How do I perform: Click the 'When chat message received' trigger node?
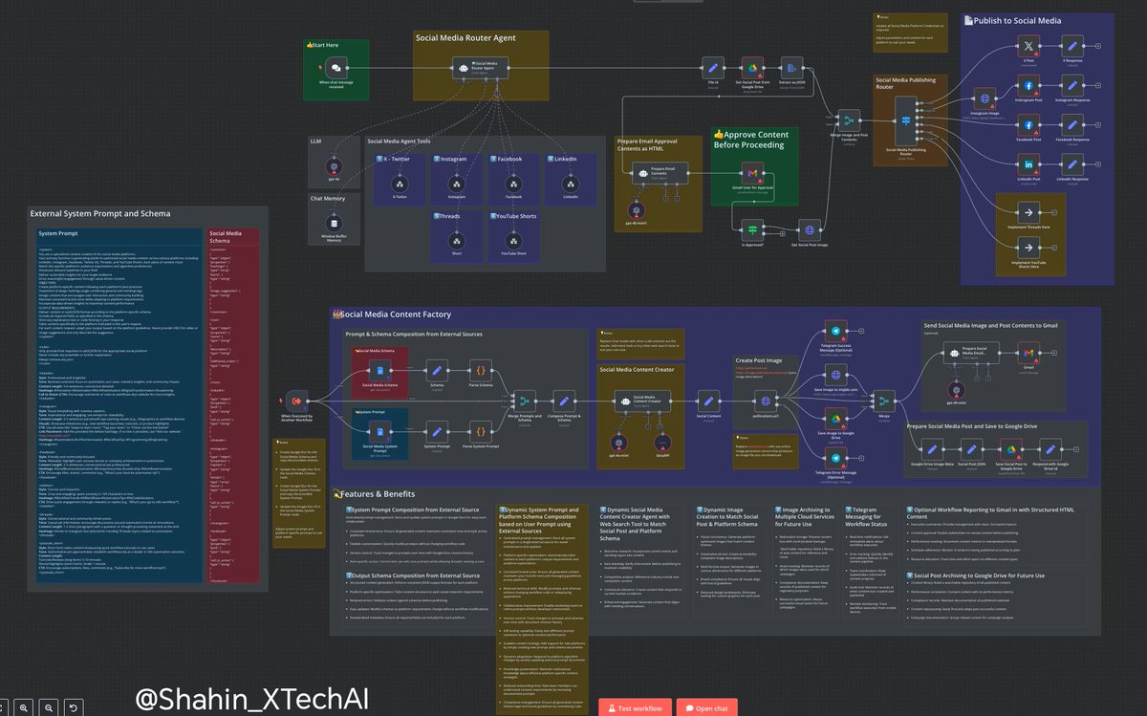coord(335,69)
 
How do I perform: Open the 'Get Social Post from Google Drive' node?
coord(752,69)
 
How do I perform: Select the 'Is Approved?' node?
coord(752,230)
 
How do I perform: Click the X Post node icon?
coord(1028,46)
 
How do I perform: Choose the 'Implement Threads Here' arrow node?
coord(1029,213)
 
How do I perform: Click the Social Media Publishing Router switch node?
coord(906,120)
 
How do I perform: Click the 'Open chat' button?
coord(706,707)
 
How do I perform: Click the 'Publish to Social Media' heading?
coord(1020,19)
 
